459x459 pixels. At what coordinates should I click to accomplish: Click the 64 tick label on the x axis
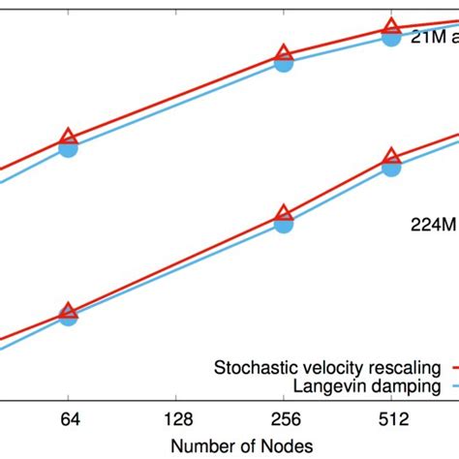coord(67,423)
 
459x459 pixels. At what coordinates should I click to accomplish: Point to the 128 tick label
coord(175,423)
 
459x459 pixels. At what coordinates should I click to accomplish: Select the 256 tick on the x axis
coord(283,423)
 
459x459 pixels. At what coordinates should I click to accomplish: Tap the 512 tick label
coord(390,423)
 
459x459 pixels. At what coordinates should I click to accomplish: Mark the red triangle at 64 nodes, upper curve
coord(68,137)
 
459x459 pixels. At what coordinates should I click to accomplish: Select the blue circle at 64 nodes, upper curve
coord(68,148)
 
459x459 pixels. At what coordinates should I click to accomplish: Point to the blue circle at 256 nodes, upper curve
coord(283,64)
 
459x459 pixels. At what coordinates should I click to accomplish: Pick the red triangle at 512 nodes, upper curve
coord(390,27)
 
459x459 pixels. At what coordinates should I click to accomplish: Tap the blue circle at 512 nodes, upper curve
coord(390,38)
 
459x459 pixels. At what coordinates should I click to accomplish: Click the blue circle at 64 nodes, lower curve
coord(68,316)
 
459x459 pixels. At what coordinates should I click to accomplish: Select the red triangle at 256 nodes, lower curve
coord(283,213)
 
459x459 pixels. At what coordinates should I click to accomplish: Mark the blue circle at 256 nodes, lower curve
coord(283,225)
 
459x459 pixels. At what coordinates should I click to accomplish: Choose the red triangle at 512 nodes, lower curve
coord(390,156)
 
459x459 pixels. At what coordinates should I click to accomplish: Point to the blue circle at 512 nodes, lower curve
coord(390,168)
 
